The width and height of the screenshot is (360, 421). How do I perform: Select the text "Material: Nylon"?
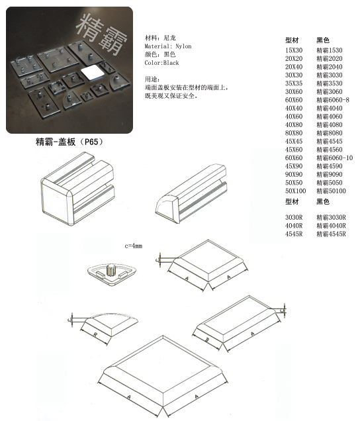click(x=167, y=46)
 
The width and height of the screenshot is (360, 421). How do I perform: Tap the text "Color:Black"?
click(x=161, y=63)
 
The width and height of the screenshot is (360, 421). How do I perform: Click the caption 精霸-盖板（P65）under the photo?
click(x=69, y=142)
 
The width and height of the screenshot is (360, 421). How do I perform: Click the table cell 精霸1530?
click(x=330, y=50)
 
